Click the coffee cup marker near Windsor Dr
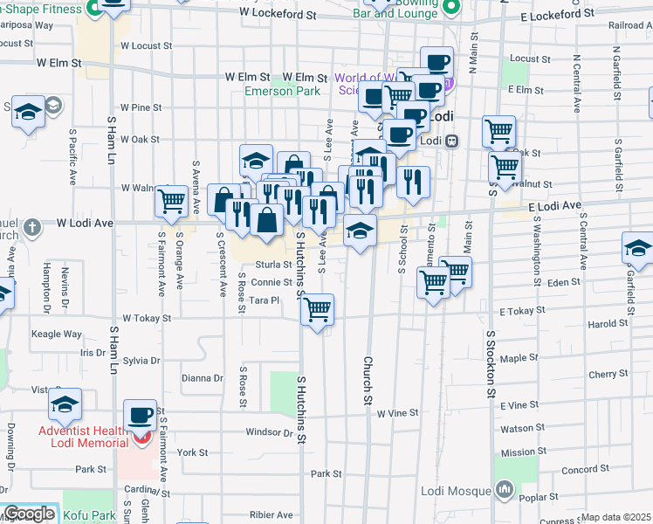[x=140, y=415]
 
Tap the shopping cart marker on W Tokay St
[x=317, y=308]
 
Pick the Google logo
[x=28, y=514]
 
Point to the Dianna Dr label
[x=203, y=378]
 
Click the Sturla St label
[x=273, y=265]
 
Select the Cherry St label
[x=602, y=375]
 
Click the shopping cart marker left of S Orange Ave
[x=171, y=201]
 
